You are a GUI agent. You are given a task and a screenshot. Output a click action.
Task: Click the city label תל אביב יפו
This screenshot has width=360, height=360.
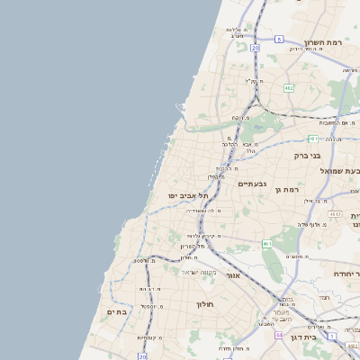pos(187,195)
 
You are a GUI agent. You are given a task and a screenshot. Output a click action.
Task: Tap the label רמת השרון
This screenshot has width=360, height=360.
pos(323,41)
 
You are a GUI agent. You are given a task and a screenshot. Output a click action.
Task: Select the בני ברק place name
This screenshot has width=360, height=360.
pos(311,155)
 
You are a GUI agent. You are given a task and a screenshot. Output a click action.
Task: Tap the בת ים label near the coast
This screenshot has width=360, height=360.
pos(118,311)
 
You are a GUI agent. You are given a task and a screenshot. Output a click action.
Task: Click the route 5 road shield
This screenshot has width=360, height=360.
pos(280,39)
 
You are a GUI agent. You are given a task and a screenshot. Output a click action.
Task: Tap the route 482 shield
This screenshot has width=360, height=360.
pos(289,88)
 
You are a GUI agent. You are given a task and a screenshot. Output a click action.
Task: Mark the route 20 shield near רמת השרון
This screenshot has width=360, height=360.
pos(256,47)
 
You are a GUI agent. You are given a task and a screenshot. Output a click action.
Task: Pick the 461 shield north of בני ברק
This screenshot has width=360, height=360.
pos(312,139)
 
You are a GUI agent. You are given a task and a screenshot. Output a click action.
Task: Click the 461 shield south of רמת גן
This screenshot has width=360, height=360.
pos(267,244)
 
